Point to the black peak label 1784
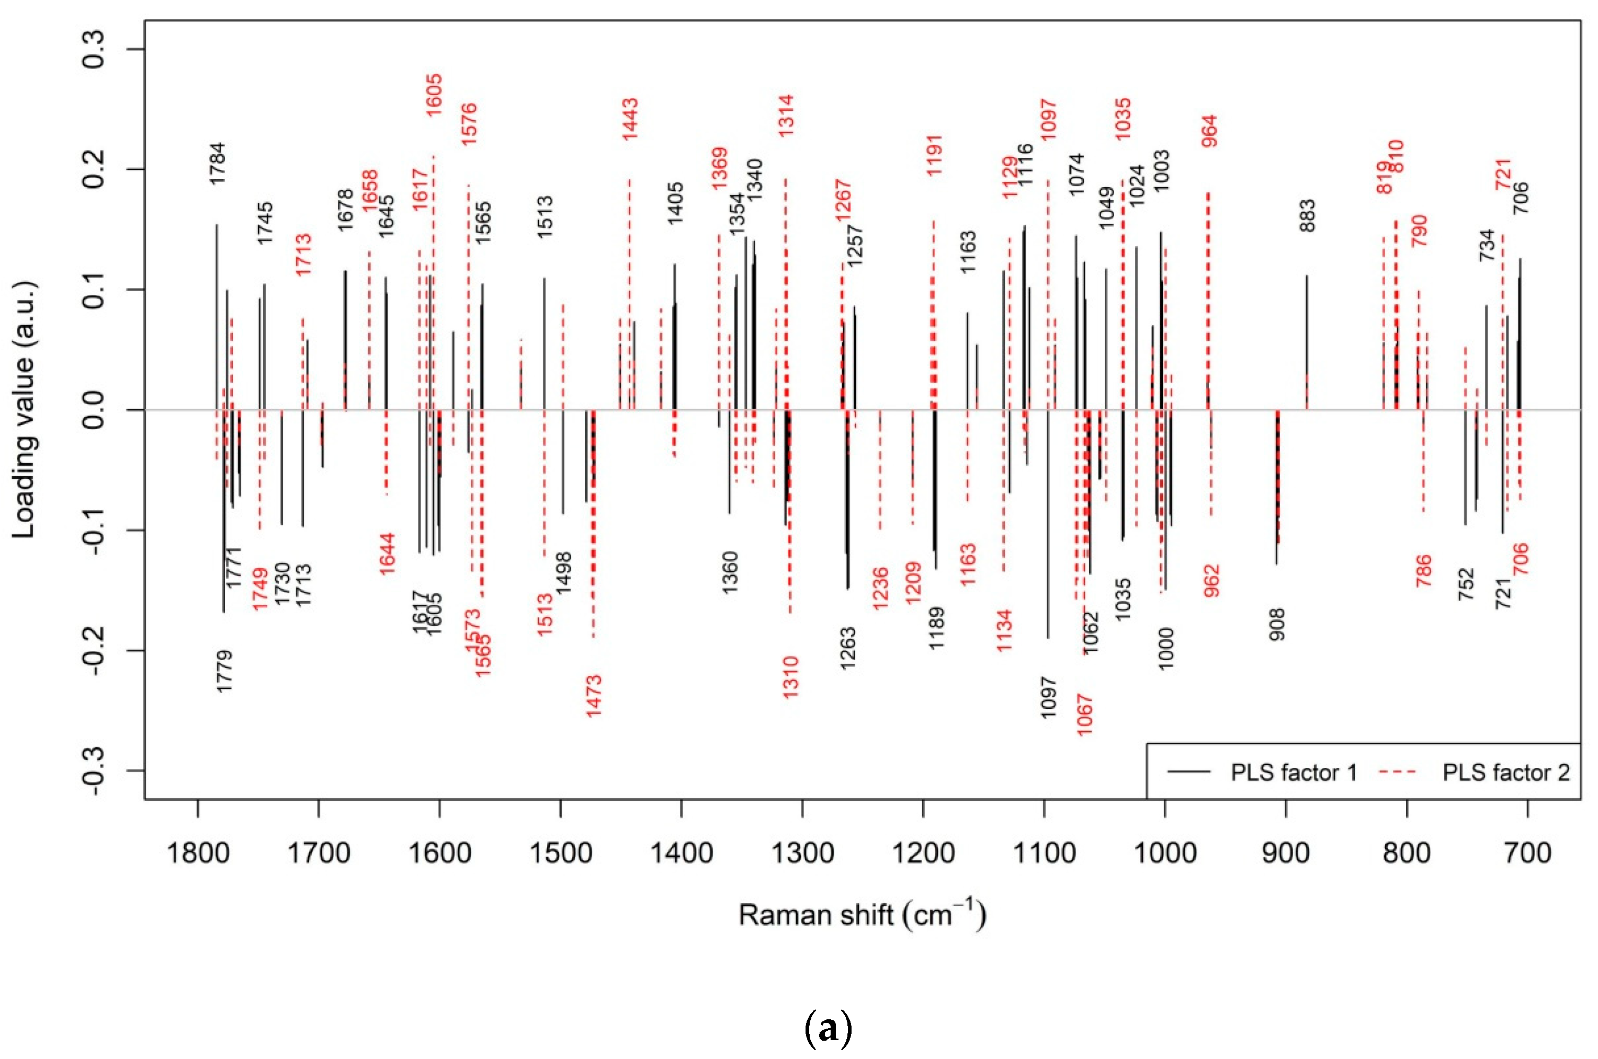point(217,164)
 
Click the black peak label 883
point(1308,215)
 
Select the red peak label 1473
point(594,696)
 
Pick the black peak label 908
point(1277,625)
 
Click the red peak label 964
point(1209,131)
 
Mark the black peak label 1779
point(225,671)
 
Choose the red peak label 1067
point(1084,715)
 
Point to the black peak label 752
point(1465,585)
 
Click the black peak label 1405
point(675,203)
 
